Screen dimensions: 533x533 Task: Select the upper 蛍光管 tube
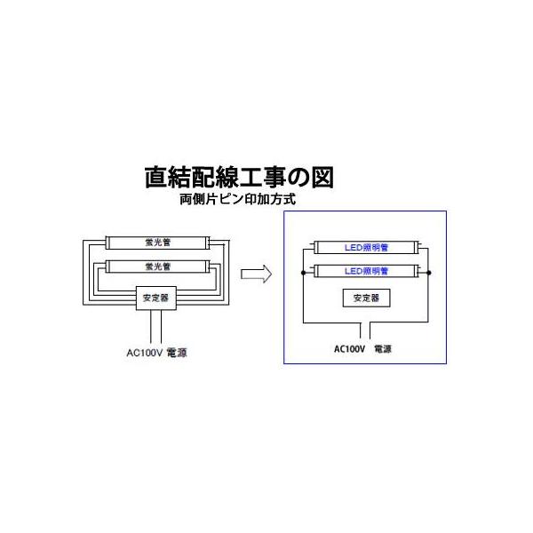pos(155,241)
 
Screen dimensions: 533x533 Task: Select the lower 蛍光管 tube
pos(155,266)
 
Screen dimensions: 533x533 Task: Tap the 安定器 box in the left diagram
pos(155,298)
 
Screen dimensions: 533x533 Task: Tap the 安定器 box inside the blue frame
pos(366,298)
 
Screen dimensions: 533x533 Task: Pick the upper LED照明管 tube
pos(366,247)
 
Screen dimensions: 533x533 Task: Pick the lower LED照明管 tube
pos(366,270)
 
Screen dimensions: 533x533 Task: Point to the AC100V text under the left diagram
pos(145,352)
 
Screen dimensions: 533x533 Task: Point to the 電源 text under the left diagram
pos(177,352)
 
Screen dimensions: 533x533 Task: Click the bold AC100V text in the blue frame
pos(349,350)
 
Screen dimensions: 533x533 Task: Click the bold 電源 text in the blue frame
pos(385,350)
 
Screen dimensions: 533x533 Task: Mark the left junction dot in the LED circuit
pos(304,270)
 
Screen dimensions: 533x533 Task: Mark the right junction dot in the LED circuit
pos(428,270)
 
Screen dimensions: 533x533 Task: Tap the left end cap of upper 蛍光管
pos(106,241)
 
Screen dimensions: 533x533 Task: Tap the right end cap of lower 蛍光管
pos(206,266)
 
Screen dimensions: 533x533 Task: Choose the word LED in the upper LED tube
pos(352,247)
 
